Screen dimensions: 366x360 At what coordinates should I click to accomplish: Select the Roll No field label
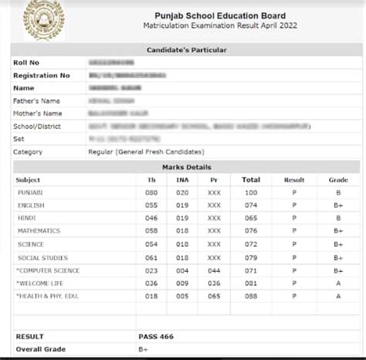click(x=25, y=63)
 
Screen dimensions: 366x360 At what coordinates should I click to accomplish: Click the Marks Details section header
click(x=186, y=167)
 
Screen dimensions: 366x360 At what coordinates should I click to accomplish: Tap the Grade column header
click(x=338, y=179)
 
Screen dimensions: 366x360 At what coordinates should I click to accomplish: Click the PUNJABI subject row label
click(x=31, y=192)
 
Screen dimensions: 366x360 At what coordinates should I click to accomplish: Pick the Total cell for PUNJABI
click(x=250, y=192)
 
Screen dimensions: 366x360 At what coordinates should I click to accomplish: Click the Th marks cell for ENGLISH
click(x=151, y=205)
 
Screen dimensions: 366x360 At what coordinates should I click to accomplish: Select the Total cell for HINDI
click(x=250, y=219)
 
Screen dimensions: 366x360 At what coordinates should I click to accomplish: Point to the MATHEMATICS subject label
click(x=39, y=231)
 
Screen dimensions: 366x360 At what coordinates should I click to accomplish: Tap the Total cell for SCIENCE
click(x=250, y=244)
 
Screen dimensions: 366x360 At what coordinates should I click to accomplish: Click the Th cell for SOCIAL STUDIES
click(x=151, y=257)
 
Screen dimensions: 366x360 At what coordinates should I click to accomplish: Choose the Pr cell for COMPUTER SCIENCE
click(x=214, y=271)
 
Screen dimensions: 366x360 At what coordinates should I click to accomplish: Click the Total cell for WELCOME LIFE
click(x=250, y=284)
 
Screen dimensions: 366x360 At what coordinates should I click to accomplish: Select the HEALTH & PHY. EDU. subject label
click(x=45, y=296)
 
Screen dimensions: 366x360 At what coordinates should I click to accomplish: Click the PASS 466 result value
click(x=156, y=337)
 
